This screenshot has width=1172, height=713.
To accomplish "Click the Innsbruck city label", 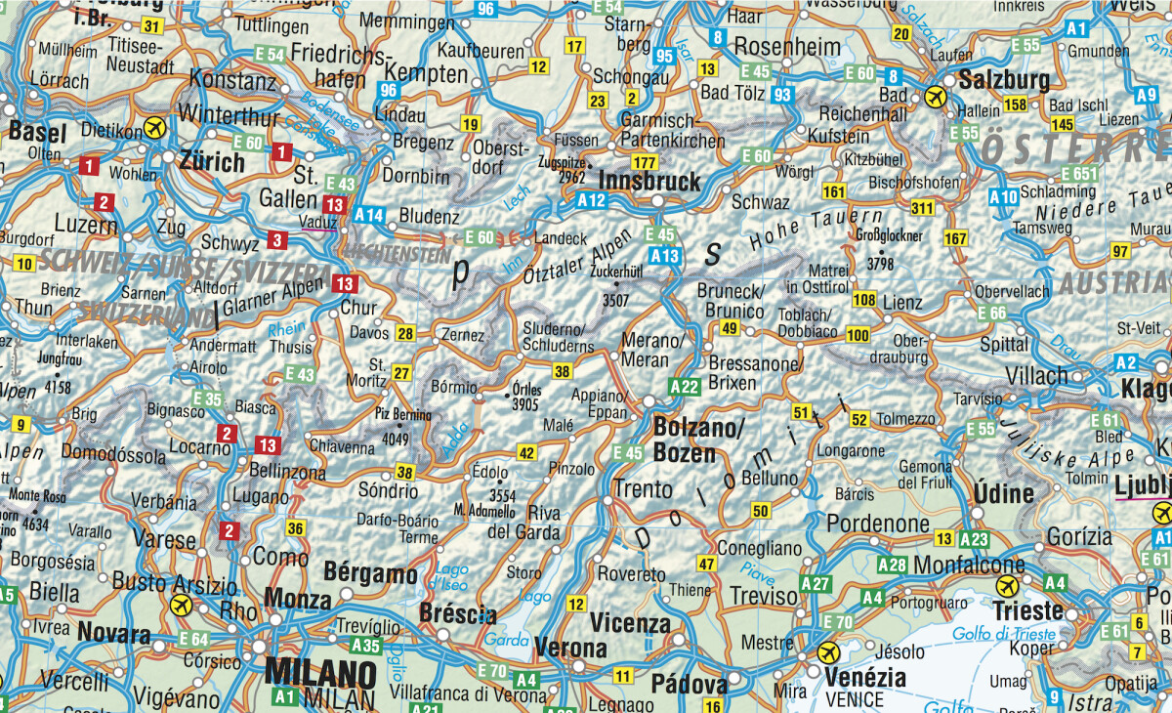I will coord(649,181).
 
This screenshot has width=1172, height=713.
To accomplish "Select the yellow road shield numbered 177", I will coord(644,161).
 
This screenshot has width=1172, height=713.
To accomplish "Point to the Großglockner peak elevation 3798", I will coord(880,263).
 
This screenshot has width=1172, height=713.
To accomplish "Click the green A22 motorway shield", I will coord(685,386).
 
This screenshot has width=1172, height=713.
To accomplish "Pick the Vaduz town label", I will coord(318,223).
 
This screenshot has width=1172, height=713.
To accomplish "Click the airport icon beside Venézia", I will coord(828,651).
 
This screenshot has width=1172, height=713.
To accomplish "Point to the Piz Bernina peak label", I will coord(403,414).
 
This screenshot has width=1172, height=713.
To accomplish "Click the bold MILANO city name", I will coord(320,673).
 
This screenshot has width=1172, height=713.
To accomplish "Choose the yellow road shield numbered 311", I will coord(922,207).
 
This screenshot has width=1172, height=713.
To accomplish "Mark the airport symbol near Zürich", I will coord(154,128).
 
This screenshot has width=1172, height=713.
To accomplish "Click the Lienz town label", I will coord(901,304).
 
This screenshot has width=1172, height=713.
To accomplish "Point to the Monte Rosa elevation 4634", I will coord(34,524).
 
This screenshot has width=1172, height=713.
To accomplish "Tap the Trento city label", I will coord(643,488).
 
